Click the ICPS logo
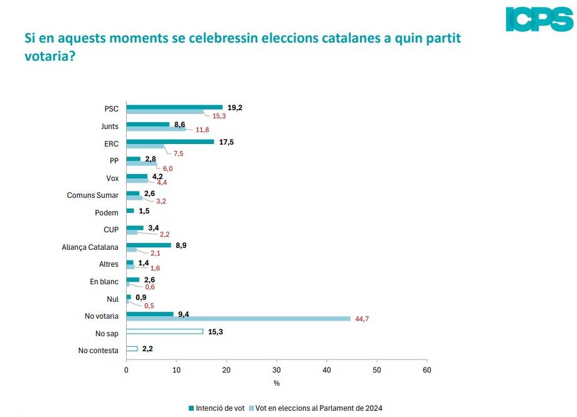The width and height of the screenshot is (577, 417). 539,19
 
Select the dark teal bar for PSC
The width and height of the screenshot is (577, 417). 174,107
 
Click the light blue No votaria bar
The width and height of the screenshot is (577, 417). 238,318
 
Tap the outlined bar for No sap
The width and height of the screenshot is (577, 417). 165,331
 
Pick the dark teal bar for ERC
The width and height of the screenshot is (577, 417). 170,142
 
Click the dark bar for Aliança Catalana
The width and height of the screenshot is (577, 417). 149,245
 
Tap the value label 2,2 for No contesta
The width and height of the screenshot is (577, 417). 149,349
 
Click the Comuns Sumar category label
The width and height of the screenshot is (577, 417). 93,195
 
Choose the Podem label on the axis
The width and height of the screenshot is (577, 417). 107,213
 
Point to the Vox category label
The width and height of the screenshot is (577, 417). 112,178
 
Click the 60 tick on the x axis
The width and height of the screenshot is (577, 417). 426,370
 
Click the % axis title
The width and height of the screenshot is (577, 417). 276,383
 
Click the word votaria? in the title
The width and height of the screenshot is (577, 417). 50,56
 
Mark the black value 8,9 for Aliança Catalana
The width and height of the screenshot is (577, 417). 180,245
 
